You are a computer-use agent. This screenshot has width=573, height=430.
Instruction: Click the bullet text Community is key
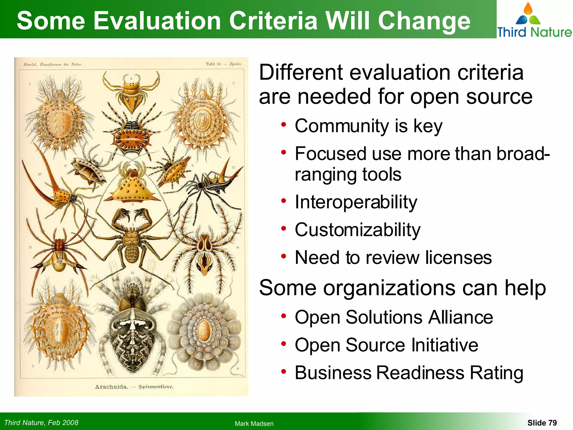368,126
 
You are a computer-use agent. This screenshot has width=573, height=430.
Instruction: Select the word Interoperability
356,202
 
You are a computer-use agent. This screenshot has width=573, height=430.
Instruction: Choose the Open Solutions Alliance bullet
394,317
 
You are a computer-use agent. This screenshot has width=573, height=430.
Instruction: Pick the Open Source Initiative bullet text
386,345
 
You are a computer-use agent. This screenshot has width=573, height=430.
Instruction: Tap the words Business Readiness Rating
409,373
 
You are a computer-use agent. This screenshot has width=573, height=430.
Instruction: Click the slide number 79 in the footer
552,423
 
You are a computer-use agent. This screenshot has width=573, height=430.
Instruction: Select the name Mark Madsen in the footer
254,424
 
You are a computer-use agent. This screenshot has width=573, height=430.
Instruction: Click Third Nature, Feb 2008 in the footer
41,422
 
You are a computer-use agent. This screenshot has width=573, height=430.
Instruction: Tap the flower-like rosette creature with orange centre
205,330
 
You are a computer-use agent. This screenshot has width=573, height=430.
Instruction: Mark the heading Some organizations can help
402,288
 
